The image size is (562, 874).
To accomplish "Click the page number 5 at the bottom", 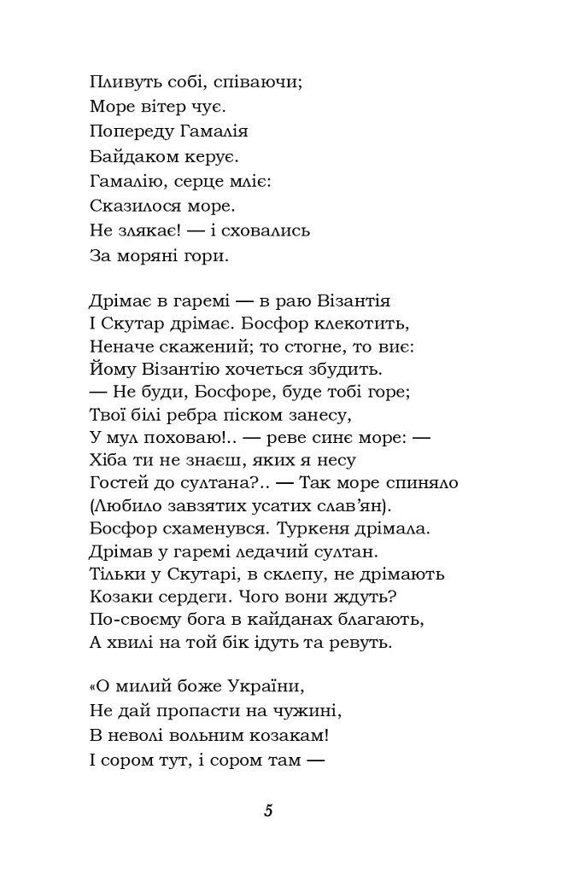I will click(268, 811).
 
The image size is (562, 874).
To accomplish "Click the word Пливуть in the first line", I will click(119, 83).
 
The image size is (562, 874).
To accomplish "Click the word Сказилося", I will click(132, 206).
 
